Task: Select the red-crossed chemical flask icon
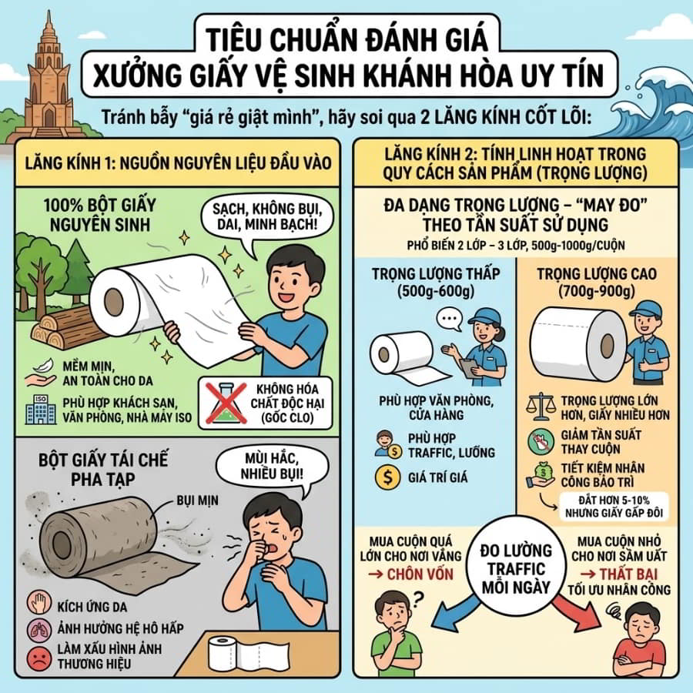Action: (x=226, y=403)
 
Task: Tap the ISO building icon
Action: (x=41, y=410)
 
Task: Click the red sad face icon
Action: (x=40, y=658)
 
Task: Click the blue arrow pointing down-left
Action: (x=455, y=614)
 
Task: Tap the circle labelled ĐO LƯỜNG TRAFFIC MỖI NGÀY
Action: (x=516, y=568)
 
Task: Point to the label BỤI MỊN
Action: (x=198, y=500)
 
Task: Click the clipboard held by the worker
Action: (x=467, y=367)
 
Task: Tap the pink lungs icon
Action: (x=40, y=629)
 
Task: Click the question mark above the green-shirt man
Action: (x=417, y=600)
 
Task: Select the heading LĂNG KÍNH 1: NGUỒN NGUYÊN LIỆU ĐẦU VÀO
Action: (x=178, y=163)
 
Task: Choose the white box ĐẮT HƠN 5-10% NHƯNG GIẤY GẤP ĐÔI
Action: (x=614, y=507)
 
